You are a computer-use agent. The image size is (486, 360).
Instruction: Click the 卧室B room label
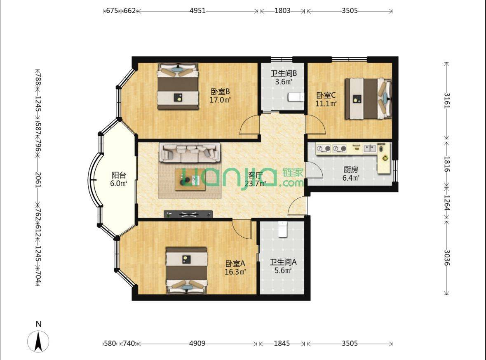[220, 92]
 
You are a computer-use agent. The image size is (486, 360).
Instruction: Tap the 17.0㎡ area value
[220, 100]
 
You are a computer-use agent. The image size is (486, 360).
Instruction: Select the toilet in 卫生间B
[296, 97]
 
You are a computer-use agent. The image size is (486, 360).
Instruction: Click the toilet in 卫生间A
[282, 229]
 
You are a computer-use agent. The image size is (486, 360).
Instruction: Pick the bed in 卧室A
[187, 270]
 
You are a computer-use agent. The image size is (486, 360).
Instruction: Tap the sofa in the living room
[190, 152]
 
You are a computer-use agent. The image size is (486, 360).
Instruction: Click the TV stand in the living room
[188, 214]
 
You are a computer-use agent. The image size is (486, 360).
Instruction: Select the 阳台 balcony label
[119, 175]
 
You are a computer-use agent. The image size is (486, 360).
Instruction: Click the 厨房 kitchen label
[351, 169]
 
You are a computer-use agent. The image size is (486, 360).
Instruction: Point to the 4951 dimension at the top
[197, 11]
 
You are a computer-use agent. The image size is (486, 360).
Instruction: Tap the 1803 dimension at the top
[282, 11]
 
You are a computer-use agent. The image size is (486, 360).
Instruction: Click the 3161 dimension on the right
[447, 101]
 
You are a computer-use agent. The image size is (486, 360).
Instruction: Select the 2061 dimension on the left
[38, 179]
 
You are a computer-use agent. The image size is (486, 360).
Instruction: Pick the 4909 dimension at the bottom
[197, 343]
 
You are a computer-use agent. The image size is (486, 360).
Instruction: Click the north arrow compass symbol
[38, 341]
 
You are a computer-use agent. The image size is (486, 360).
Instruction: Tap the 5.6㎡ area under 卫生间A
[283, 271]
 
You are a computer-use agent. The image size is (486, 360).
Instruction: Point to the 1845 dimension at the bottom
[282, 343]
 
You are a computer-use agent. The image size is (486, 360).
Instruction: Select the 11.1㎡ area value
[326, 103]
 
